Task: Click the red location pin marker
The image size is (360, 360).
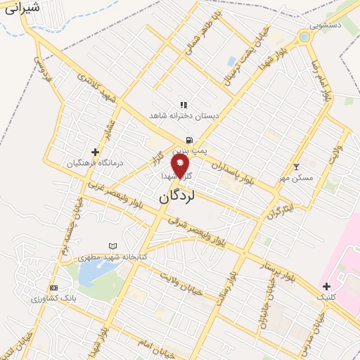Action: click(x=181, y=167)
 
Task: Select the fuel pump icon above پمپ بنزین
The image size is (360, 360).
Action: click(x=189, y=139)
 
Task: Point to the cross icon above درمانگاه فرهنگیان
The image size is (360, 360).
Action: click(x=95, y=151)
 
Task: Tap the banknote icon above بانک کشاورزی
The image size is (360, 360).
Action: click(x=53, y=288)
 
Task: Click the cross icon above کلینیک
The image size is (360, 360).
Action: click(x=326, y=285)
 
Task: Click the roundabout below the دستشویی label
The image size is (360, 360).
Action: click(x=304, y=37)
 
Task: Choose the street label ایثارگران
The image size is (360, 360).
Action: click(x=279, y=210)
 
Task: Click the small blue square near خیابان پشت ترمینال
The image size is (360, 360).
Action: click(x=231, y=61)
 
